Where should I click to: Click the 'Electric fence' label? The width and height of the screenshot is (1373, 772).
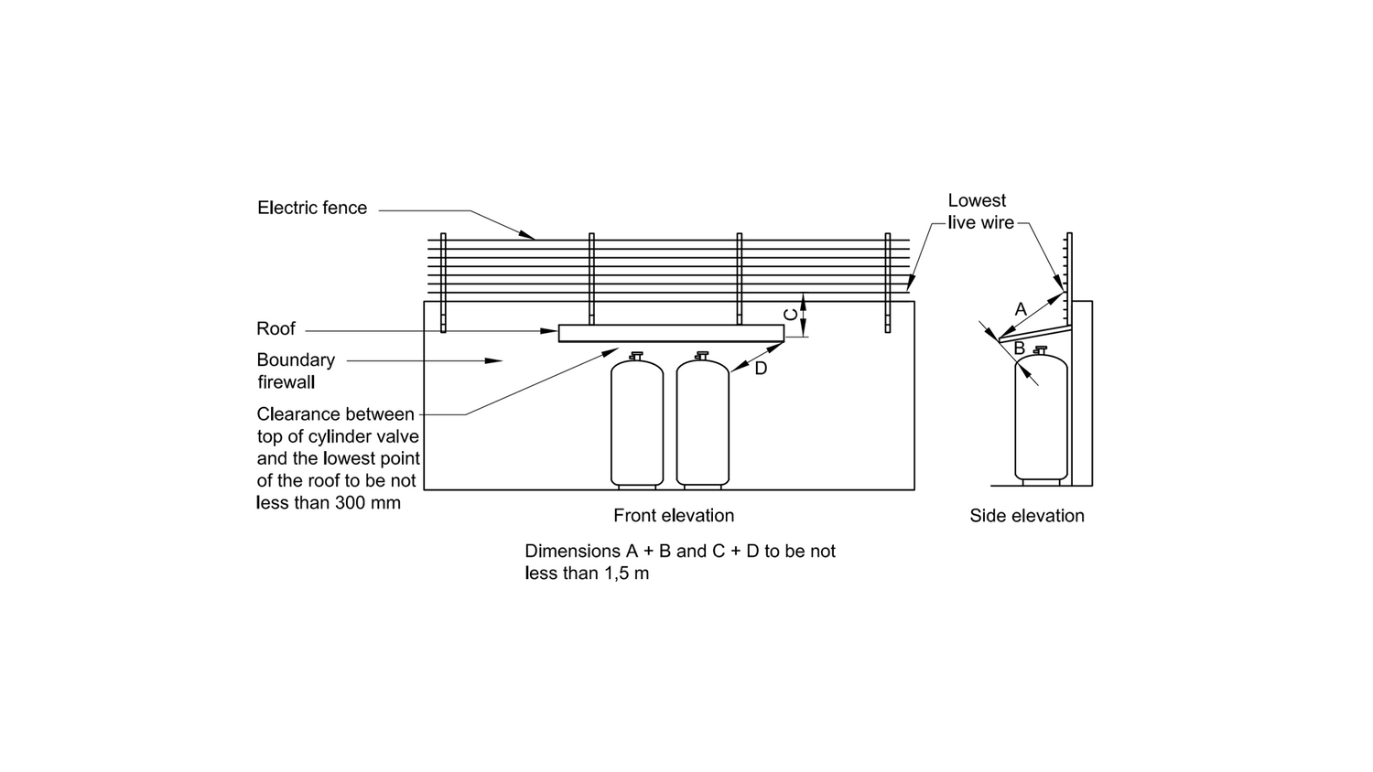point(312,208)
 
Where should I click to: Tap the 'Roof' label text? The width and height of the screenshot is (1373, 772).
point(276,329)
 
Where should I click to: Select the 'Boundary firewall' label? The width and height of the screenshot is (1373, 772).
point(296,370)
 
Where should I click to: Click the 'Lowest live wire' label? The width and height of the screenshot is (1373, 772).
point(980,211)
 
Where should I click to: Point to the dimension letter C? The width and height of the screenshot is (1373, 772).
point(792,315)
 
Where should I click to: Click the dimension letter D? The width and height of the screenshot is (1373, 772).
point(761,369)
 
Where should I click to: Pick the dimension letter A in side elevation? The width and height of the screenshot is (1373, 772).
point(1021,309)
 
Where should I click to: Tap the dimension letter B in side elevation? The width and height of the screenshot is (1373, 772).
point(1020,348)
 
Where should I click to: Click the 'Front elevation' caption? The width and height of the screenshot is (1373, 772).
point(674,516)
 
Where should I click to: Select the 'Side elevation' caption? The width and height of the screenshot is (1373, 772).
point(1027,516)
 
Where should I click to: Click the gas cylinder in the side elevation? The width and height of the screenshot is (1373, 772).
point(1041,416)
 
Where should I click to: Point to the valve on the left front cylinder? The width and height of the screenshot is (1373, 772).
point(636,356)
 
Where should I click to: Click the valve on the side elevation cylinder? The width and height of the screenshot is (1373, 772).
point(1040,350)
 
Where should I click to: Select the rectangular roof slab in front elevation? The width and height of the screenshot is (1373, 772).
point(671,333)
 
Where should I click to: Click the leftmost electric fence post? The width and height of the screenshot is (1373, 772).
point(443,283)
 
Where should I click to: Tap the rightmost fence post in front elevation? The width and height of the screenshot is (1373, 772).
point(888,283)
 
